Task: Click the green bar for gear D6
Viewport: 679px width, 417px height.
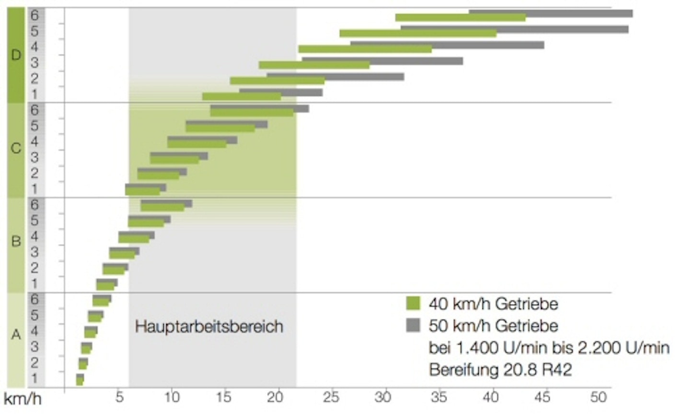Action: pos(460,18)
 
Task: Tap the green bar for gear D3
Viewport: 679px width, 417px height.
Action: pos(314,65)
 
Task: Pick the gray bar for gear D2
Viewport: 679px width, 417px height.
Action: pos(364,76)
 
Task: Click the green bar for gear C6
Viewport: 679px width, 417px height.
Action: pos(252,113)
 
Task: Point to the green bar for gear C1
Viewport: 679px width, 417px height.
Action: pos(142,191)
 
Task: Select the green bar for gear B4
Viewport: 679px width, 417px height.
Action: pos(134,239)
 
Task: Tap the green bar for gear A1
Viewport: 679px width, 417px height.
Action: pos(80,382)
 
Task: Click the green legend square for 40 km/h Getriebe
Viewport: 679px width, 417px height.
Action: pos(413,303)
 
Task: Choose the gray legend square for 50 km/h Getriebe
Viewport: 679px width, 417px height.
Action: pos(413,325)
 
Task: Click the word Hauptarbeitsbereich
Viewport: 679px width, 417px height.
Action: pos(209,326)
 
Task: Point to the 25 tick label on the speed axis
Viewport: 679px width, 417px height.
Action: pos(331,397)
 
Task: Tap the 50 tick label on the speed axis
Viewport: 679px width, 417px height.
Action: pos(598,397)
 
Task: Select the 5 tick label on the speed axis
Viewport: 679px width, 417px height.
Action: pos(119,397)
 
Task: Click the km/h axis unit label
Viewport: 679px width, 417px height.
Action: pos(23,398)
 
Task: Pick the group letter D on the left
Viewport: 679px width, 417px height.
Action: pos(16,55)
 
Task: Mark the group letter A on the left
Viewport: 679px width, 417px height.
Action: pos(16,335)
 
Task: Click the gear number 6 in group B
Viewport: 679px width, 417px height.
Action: pos(35,205)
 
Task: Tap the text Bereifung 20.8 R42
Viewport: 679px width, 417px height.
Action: pos(500,370)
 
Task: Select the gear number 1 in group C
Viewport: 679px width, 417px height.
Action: pos(35,189)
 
